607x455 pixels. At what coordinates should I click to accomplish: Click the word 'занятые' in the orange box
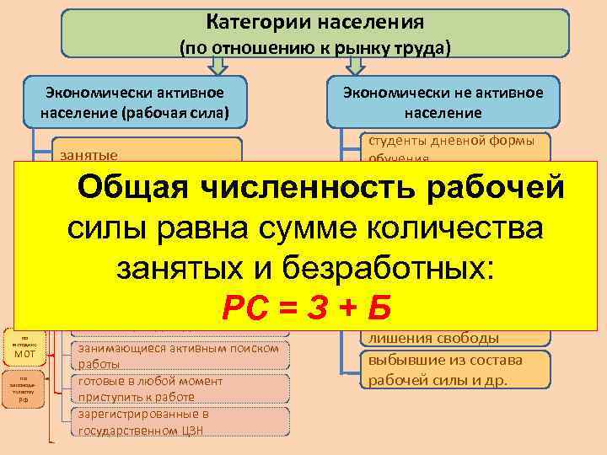click(89, 155)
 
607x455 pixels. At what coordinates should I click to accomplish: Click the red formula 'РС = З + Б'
click(306, 308)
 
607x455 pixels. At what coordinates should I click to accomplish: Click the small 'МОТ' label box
click(24, 354)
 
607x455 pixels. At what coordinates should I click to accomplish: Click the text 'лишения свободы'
click(431, 339)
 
